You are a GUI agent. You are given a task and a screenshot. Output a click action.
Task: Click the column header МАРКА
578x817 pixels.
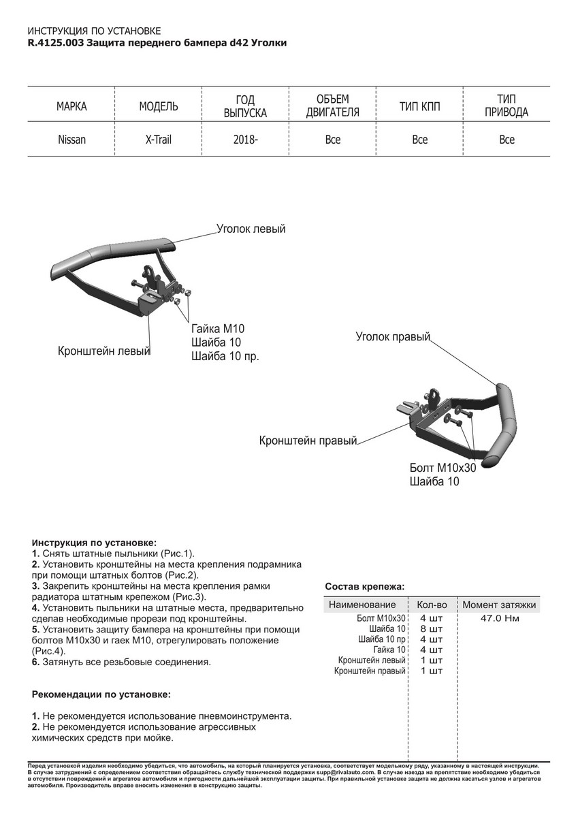pyautogui.click(x=71, y=106)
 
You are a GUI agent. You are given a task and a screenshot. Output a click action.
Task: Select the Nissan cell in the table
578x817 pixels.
pyautogui.click(x=71, y=140)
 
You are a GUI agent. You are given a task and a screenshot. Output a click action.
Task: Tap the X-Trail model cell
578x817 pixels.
pyautogui.click(x=159, y=140)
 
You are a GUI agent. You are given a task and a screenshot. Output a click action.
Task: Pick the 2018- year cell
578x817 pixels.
pyautogui.click(x=246, y=140)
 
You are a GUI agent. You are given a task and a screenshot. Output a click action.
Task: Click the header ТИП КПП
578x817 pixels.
pyautogui.click(x=419, y=106)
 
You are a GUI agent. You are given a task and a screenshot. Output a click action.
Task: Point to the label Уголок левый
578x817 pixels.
pyautogui.click(x=251, y=229)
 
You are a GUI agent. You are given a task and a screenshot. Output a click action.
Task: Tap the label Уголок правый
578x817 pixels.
pyautogui.click(x=393, y=336)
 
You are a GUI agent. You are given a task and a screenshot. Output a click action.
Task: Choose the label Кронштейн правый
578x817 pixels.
pyautogui.click(x=308, y=440)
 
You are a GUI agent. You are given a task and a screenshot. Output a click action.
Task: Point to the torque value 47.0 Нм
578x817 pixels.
pyautogui.click(x=499, y=619)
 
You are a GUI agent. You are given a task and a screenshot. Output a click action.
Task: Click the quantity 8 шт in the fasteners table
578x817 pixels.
pyautogui.click(x=432, y=629)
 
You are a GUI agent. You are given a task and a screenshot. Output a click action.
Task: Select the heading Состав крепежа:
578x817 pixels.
pyautogui.click(x=364, y=586)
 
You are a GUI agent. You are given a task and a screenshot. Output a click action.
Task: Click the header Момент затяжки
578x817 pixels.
pyautogui.click(x=499, y=605)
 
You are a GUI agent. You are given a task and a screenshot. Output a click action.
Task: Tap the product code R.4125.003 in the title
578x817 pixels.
pyautogui.click(x=56, y=43)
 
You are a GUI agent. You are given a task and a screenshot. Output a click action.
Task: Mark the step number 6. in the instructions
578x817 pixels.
pyautogui.click(x=36, y=661)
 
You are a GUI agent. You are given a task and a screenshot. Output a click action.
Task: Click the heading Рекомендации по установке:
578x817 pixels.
pyautogui.click(x=101, y=694)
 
